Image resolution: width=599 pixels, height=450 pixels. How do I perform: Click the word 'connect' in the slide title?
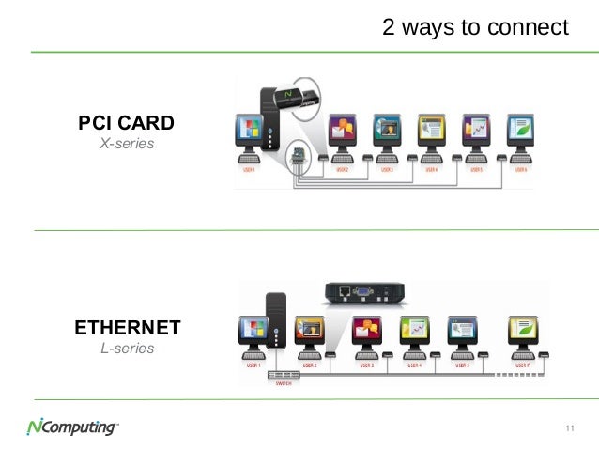pyautogui.click(x=528, y=27)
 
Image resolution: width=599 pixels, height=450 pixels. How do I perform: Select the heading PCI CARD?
pyautogui.click(x=126, y=123)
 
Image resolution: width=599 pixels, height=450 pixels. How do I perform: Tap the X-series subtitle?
pyautogui.click(x=126, y=145)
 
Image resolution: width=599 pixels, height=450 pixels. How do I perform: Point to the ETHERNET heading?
pyautogui.click(x=127, y=328)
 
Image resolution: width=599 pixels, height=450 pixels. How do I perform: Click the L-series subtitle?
pyautogui.click(x=127, y=349)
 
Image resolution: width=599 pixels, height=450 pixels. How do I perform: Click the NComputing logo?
pyautogui.click(x=71, y=428)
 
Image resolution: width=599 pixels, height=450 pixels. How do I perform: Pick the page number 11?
pyautogui.click(x=569, y=429)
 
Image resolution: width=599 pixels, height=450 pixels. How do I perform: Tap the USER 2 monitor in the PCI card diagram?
pyautogui.click(x=340, y=131)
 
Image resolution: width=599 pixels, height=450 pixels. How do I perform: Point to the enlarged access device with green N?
pyautogui.click(x=291, y=94)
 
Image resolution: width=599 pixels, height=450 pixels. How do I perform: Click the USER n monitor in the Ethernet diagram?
pyautogui.click(x=522, y=331)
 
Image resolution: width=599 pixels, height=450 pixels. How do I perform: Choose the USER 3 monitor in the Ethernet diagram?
pyautogui.click(x=366, y=331)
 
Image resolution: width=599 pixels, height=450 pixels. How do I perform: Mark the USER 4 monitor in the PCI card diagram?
pyautogui.click(x=431, y=131)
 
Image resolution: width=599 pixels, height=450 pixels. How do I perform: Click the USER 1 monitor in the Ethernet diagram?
pyautogui.click(x=253, y=332)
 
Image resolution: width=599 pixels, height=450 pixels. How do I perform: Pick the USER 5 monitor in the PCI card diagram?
pyautogui.click(x=477, y=131)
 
